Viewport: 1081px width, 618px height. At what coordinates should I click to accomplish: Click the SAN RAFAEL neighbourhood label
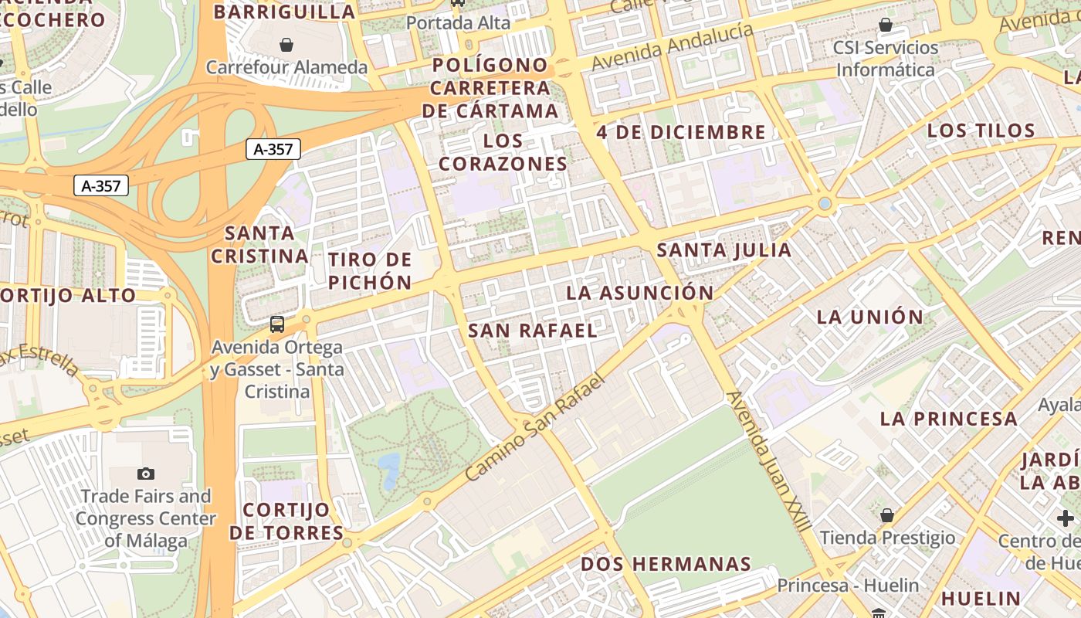click(x=533, y=331)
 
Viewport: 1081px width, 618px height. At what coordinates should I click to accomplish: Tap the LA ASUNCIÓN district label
click(x=639, y=293)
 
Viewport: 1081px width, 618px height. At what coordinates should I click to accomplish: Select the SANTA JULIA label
click(x=723, y=250)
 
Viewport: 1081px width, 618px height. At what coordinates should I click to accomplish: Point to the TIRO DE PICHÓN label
click(x=370, y=270)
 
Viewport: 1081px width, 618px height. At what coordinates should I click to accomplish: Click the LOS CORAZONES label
click(x=503, y=153)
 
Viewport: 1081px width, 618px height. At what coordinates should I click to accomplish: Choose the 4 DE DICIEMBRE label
click(x=681, y=132)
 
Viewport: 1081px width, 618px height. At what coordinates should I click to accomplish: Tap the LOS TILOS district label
click(x=981, y=131)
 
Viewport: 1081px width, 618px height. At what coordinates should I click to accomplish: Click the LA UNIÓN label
click(x=870, y=317)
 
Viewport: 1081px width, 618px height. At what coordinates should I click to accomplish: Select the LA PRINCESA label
click(x=949, y=419)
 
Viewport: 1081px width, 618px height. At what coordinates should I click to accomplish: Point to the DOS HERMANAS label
click(x=666, y=564)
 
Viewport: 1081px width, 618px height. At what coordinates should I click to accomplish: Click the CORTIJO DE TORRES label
click(x=286, y=521)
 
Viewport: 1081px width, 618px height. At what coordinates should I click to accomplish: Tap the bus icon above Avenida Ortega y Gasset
click(x=276, y=324)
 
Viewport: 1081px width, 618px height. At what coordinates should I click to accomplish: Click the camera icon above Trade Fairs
click(x=145, y=474)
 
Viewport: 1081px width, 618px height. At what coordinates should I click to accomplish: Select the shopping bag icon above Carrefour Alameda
click(x=286, y=45)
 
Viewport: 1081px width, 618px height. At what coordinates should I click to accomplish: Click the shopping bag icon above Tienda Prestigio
click(x=887, y=515)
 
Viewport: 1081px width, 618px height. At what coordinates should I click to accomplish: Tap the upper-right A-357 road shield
click(x=273, y=149)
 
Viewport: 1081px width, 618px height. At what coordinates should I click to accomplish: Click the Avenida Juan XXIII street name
click(x=769, y=460)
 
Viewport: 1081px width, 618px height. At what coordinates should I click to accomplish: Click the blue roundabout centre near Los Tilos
click(x=825, y=204)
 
